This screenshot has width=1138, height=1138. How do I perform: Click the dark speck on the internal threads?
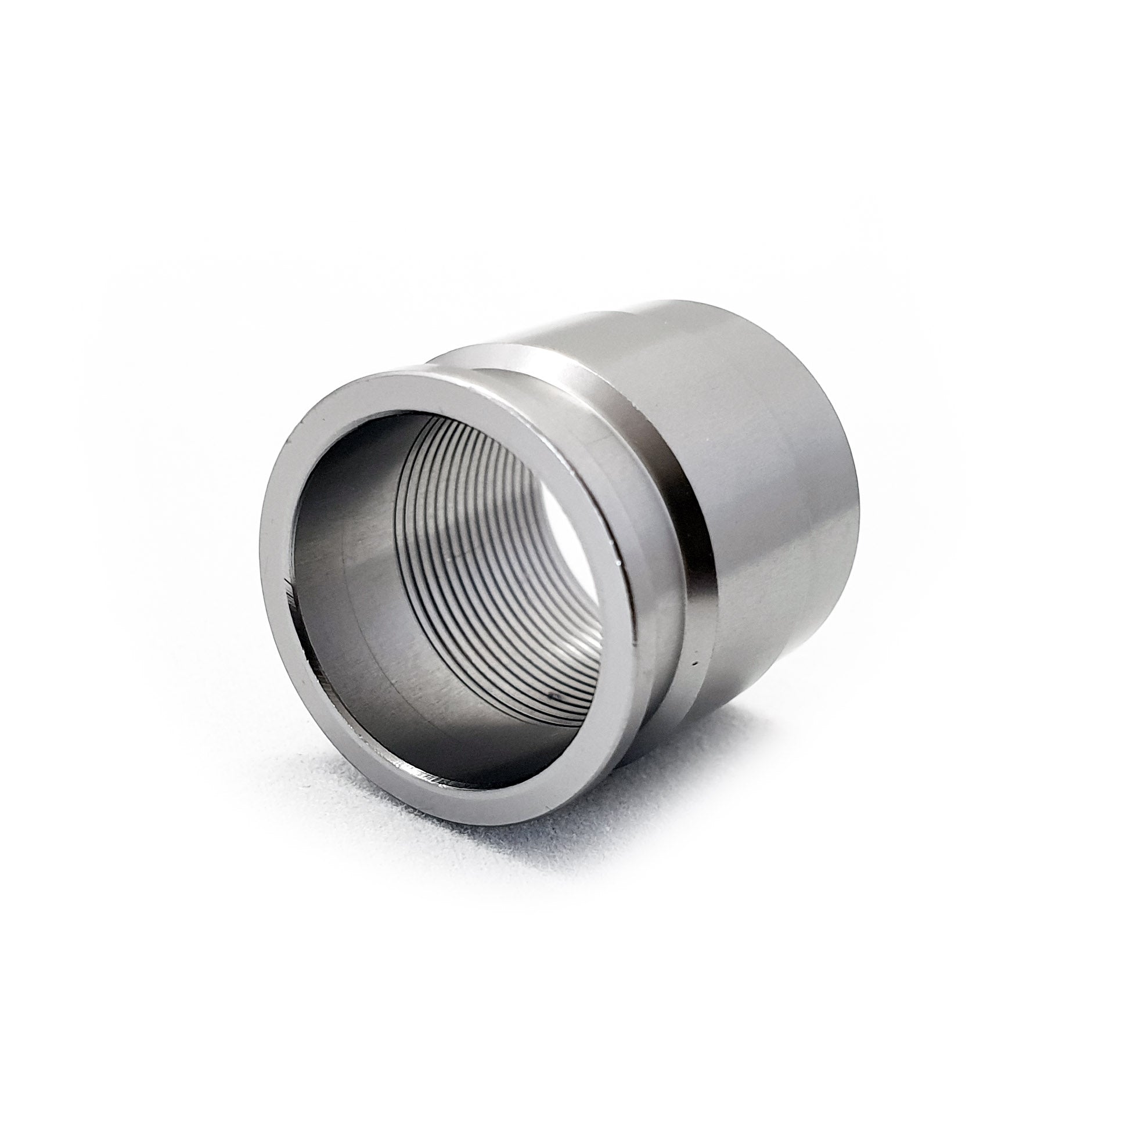click(x=552, y=696)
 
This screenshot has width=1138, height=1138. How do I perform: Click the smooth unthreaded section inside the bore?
click(x=354, y=589)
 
